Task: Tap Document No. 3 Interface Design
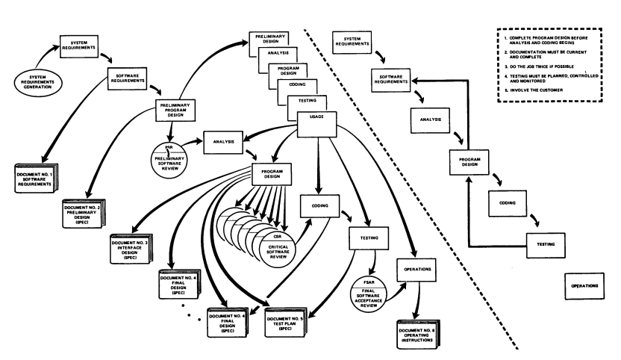(149, 243)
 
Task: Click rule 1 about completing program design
(552, 38)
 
